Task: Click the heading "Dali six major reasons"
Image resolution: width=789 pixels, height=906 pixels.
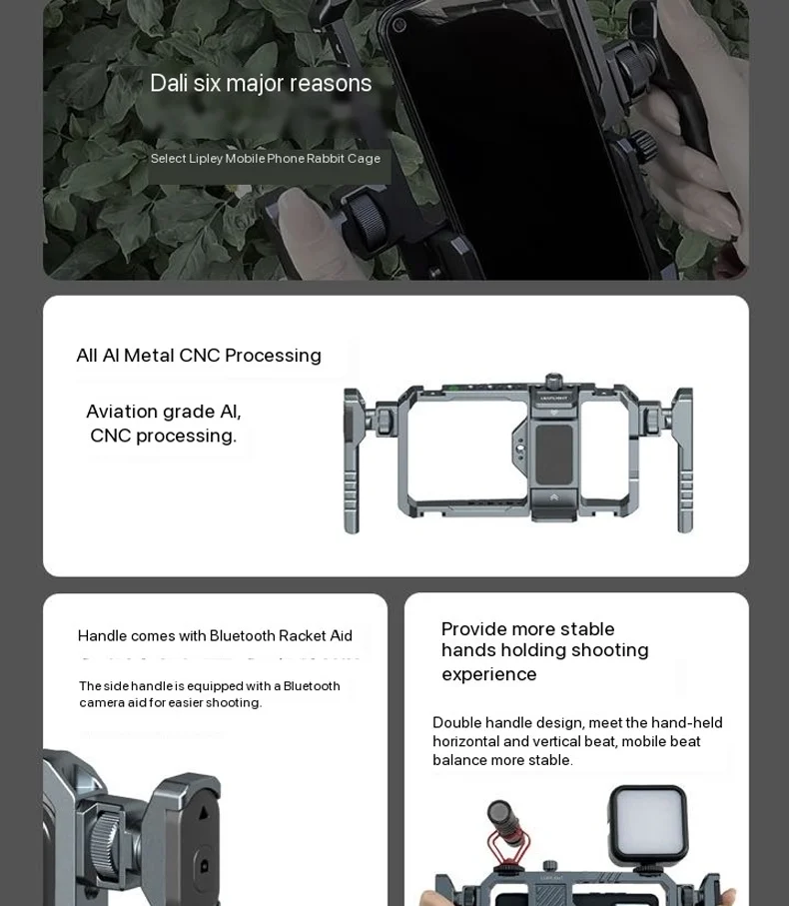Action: click(x=261, y=83)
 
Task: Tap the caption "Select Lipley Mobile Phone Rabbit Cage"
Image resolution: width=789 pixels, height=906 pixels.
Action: click(x=265, y=159)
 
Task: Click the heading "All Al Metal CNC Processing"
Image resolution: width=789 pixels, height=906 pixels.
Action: click(x=199, y=356)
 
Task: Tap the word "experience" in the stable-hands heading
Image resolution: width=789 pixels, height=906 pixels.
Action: click(x=488, y=674)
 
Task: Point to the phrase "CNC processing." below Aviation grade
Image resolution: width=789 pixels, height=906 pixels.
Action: click(x=163, y=437)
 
